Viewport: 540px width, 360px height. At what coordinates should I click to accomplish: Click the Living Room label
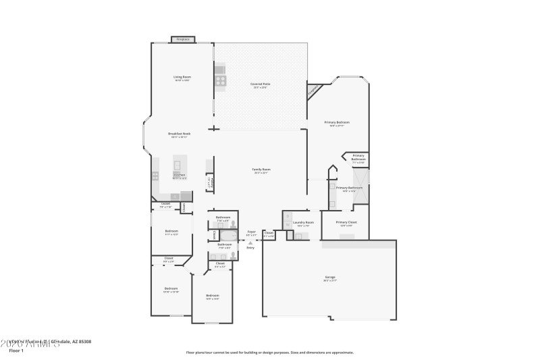pos(182,78)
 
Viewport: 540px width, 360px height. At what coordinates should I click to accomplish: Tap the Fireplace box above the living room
pos(182,40)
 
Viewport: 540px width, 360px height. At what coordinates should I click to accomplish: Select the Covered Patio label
pos(261,84)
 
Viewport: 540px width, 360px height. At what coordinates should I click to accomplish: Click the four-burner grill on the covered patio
pos(221,80)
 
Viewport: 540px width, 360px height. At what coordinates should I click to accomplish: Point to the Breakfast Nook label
pos(180,134)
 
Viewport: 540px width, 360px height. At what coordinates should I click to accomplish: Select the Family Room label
pos(261,170)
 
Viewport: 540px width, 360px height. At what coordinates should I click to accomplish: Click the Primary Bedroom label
pos(337,123)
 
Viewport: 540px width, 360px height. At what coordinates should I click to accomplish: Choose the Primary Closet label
pos(346,222)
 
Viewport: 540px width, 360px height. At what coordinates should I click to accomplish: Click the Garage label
pos(330,278)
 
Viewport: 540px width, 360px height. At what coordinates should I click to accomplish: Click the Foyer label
pos(251,232)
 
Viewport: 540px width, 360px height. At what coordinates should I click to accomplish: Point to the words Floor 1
pos(16,351)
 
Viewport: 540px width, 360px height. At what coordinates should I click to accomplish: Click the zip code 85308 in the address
pos(84,342)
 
